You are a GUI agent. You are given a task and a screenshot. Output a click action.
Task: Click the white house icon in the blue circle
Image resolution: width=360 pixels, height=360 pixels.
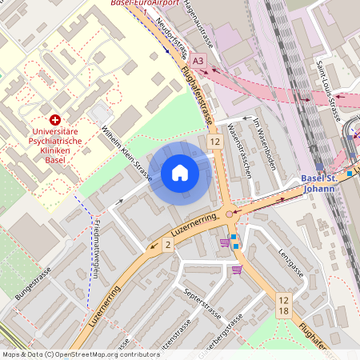[180, 172]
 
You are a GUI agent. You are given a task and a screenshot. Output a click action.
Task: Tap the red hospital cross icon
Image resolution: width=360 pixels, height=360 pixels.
[55, 118]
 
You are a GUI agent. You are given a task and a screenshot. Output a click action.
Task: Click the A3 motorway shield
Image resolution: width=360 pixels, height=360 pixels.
[198, 60]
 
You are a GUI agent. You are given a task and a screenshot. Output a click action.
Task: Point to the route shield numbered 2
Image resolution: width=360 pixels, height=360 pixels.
[168, 245]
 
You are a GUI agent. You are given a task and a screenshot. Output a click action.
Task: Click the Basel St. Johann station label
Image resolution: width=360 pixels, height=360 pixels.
[323, 183]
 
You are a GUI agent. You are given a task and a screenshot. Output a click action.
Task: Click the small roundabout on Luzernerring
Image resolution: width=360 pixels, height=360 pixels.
[230, 214]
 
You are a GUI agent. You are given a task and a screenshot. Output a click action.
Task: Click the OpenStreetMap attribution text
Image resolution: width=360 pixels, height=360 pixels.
[80, 354]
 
